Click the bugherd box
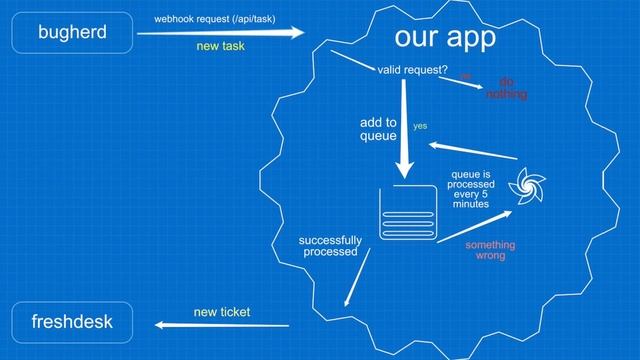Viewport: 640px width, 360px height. click(71, 33)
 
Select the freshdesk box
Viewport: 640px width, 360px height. click(71, 323)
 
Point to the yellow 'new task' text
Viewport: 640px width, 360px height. click(220, 47)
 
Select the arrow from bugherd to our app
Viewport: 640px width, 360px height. click(220, 33)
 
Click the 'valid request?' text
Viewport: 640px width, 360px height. click(412, 69)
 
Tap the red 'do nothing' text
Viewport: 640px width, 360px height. click(506, 88)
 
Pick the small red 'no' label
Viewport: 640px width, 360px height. click(465, 75)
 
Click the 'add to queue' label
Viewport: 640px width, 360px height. click(378, 129)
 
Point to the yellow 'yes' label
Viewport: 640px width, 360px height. click(420, 126)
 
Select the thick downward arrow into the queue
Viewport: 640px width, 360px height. click(404, 130)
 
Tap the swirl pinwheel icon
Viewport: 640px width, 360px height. click(527, 185)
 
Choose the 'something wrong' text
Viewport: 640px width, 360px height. click(490, 250)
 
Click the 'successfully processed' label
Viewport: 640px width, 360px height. click(330, 247)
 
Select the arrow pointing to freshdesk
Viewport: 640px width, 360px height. click(220, 326)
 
